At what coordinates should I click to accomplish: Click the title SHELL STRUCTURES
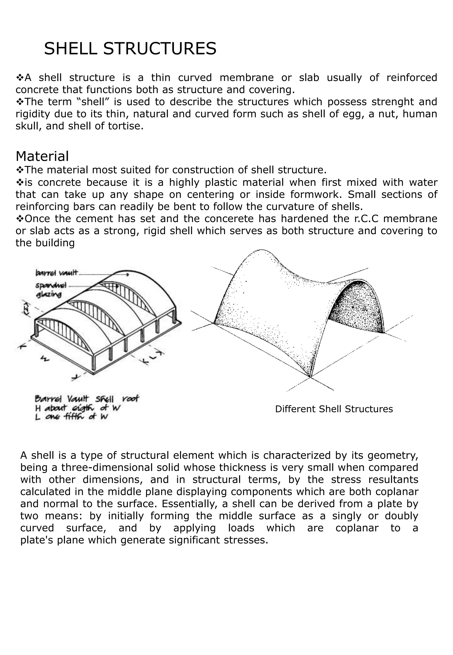(x=130, y=48)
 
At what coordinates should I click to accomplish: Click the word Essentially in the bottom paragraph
(x=189, y=504)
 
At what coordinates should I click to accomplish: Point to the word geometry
(x=393, y=455)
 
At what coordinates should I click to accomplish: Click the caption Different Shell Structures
(x=334, y=409)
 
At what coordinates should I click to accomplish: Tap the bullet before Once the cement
(x=20, y=219)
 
